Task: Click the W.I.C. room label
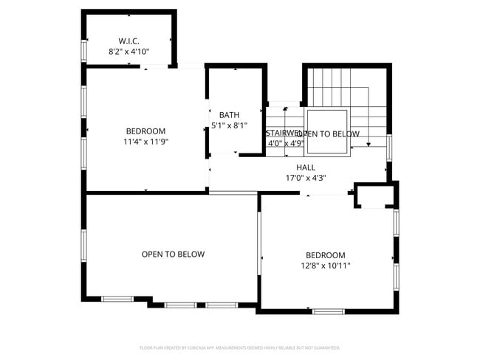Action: (x=129, y=41)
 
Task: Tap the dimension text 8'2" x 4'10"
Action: (x=129, y=52)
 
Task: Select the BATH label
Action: (x=229, y=115)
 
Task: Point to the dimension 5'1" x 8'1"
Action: (x=229, y=125)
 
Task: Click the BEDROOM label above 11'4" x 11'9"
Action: (x=145, y=131)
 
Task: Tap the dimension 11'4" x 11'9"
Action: (x=145, y=142)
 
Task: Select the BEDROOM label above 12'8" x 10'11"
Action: (x=325, y=255)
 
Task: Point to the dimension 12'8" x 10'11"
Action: (x=325, y=266)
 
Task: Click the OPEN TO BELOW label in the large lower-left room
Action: (x=173, y=254)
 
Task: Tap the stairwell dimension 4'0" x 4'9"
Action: (x=284, y=143)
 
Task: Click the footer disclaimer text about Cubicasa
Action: (x=240, y=347)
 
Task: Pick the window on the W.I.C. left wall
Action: (x=84, y=49)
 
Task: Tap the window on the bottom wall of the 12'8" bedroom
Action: (x=328, y=311)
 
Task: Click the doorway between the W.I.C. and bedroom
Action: (x=156, y=68)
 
